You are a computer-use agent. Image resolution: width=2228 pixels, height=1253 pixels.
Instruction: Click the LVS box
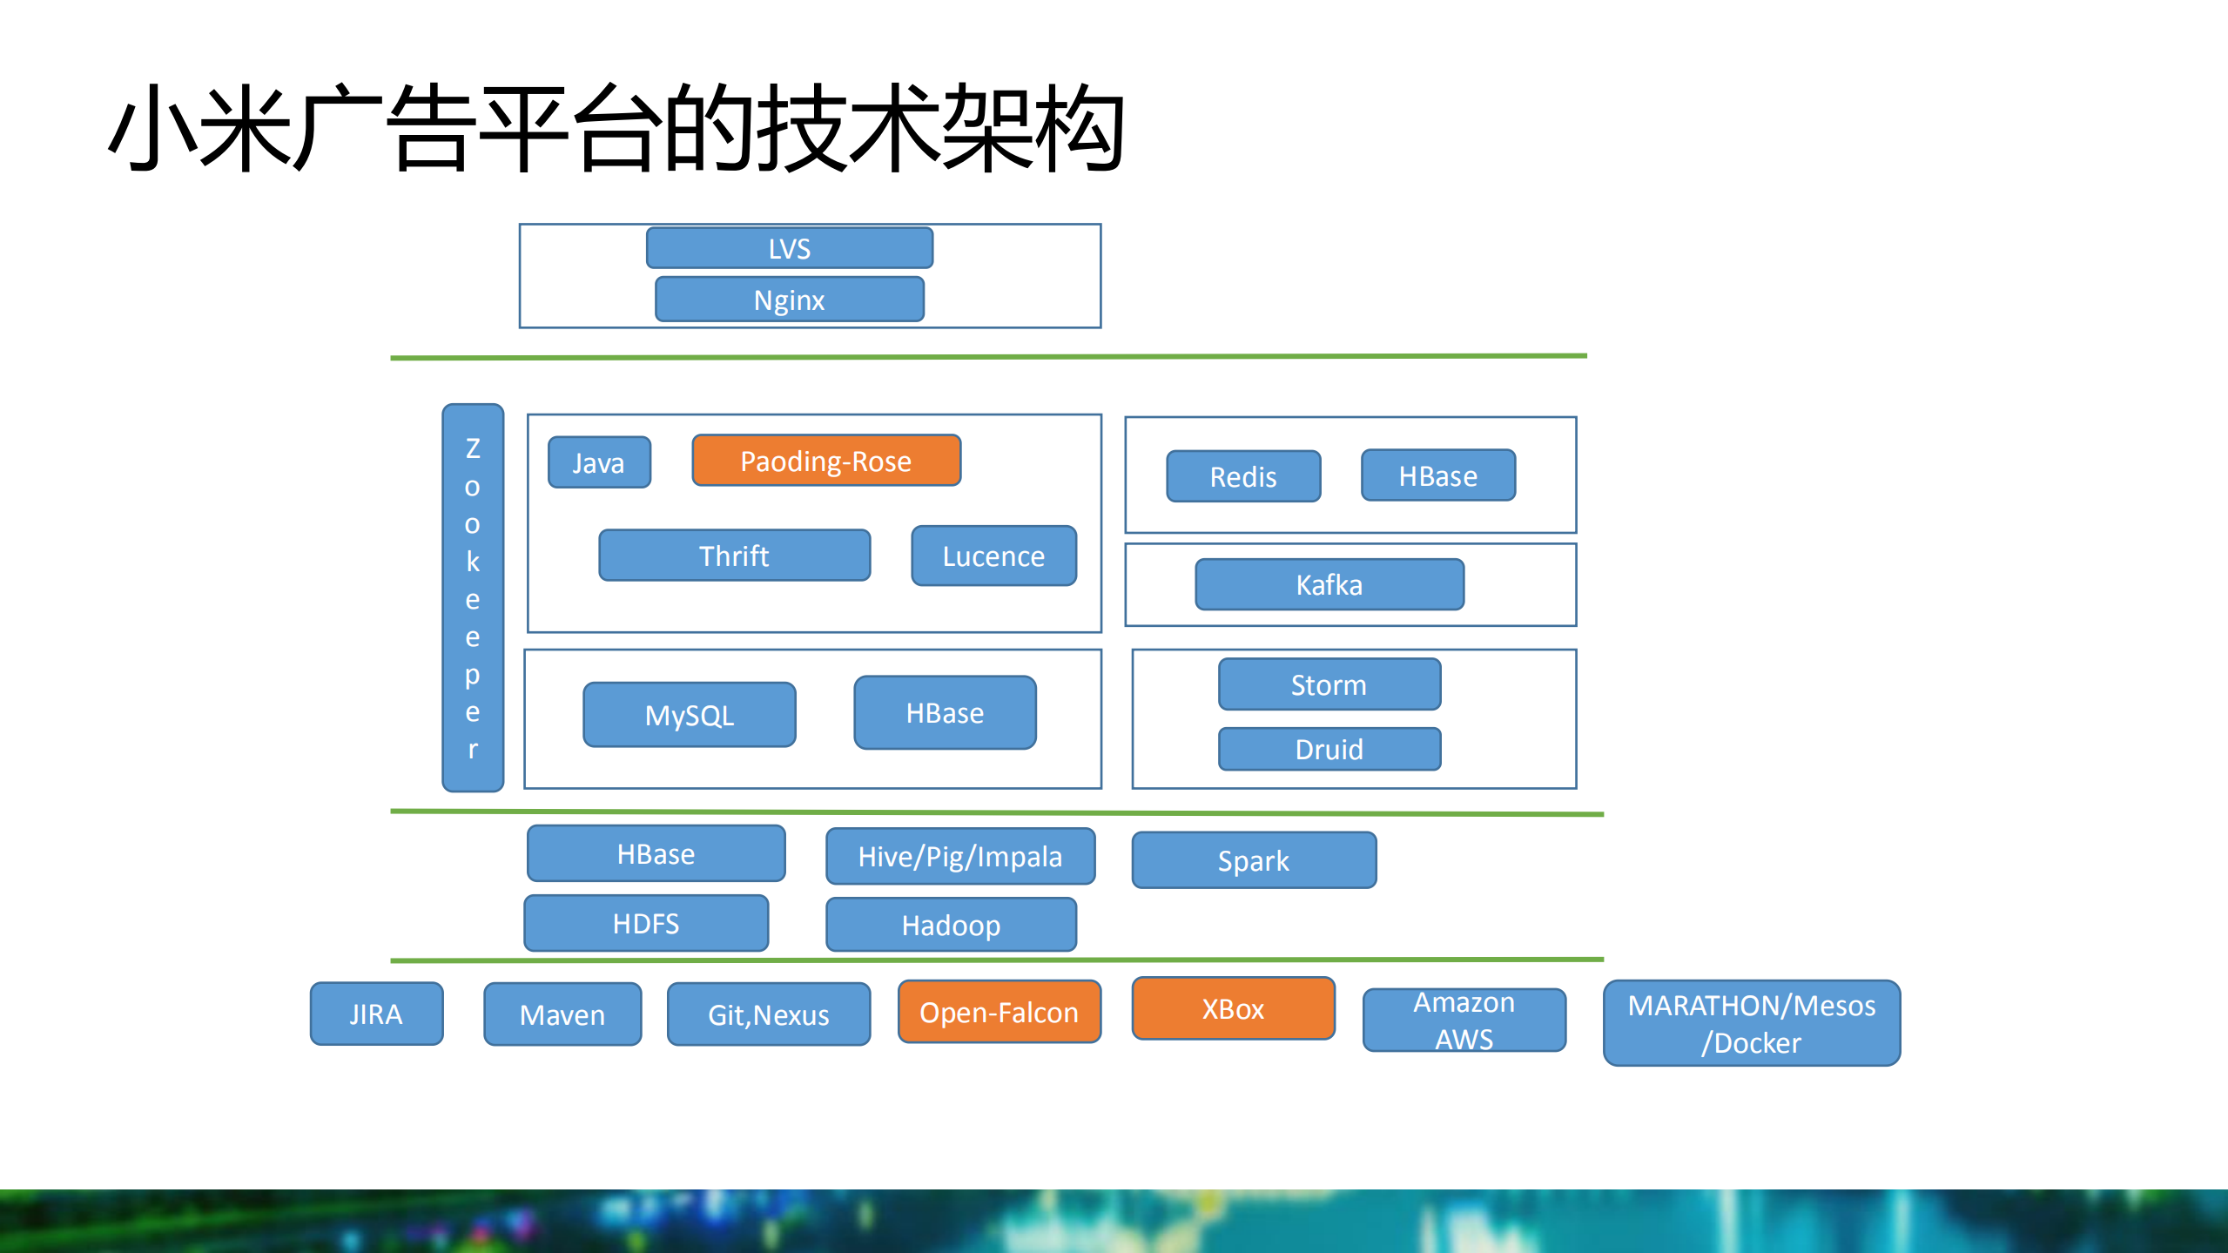point(789,248)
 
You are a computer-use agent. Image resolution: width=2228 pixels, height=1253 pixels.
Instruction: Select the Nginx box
point(789,300)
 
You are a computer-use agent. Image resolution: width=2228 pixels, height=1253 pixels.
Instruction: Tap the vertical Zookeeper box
point(473,597)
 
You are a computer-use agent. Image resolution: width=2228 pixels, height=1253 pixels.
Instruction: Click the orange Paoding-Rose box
point(825,461)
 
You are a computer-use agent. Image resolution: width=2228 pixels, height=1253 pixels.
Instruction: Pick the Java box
point(599,462)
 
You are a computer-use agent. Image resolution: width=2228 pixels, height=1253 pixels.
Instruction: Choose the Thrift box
point(734,556)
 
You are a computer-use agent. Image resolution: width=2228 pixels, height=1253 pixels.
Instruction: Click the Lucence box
point(993,556)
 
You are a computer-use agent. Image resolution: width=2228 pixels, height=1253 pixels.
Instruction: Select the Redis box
point(1242,476)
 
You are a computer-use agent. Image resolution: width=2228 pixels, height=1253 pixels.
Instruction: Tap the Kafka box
point(1329,584)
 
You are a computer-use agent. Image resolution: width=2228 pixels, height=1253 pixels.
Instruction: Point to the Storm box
point(1329,684)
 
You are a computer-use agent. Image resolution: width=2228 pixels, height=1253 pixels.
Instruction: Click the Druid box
point(1329,749)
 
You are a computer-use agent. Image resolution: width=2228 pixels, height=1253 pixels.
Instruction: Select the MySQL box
point(689,715)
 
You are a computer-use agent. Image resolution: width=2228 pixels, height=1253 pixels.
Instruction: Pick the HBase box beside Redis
point(1437,475)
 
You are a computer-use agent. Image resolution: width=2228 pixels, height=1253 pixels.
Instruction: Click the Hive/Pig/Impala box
point(959,856)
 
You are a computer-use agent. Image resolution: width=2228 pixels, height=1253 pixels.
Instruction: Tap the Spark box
point(1253,860)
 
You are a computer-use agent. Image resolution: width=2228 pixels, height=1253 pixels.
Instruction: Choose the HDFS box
point(645,923)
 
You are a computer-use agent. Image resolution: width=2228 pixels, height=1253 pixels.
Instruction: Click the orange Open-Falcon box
point(999,1012)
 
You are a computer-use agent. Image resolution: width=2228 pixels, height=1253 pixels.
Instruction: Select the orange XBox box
point(1232,1008)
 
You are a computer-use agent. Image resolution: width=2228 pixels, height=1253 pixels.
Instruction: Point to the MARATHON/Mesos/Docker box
point(1751,1023)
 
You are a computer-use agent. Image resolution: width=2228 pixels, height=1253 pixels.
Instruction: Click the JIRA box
point(376,1014)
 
